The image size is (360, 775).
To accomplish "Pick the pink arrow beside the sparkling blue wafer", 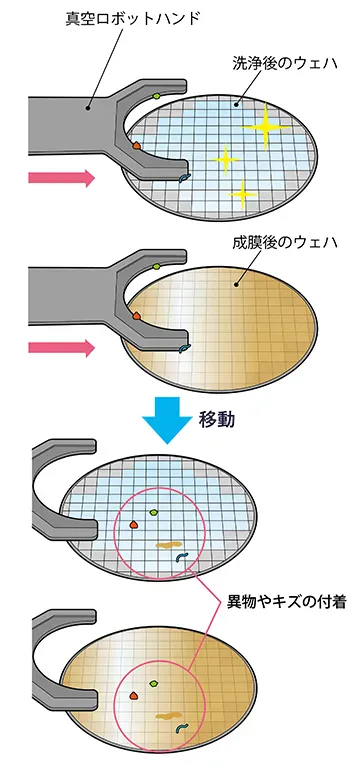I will [x=61, y=178].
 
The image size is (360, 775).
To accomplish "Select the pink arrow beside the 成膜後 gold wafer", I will [x=61, y=349].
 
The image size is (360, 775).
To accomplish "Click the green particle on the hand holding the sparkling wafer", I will [x=158, y=97].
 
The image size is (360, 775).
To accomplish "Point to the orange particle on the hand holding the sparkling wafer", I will [x=138, y=146].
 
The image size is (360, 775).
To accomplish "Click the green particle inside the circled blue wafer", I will [x=154, y=511].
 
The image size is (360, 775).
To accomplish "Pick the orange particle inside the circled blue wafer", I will [x=132, y=523].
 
